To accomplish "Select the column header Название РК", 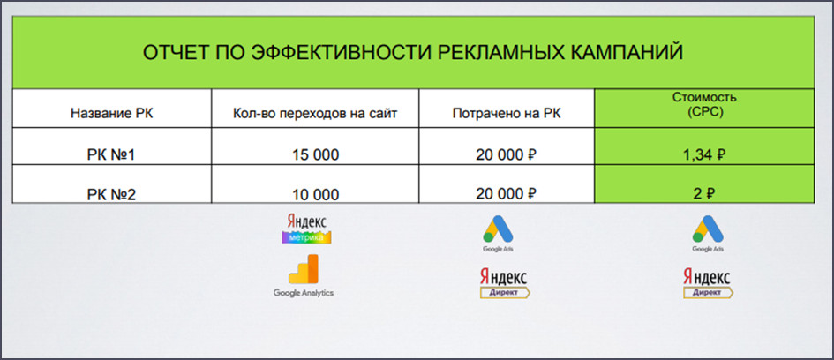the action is (112, 113).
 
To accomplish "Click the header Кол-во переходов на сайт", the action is (315, 113).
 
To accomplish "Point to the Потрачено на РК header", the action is (507, 113).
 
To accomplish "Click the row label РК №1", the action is (112, 154).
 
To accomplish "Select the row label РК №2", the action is (112, 195).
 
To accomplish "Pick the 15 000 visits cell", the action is (315, 154).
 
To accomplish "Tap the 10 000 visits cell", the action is (315, 195).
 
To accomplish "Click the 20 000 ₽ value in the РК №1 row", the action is (506, 154).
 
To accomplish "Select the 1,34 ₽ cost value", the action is (704, 154).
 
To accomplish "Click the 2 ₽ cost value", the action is (703, 194).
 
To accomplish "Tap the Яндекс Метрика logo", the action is (307, 229).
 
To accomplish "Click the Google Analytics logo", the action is (304, 276).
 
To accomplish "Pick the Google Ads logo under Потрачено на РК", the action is (498, 234).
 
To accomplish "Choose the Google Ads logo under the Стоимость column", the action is (708, 234).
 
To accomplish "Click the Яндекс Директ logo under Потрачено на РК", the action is (504, 282).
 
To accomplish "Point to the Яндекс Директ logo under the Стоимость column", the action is (708, 282).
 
